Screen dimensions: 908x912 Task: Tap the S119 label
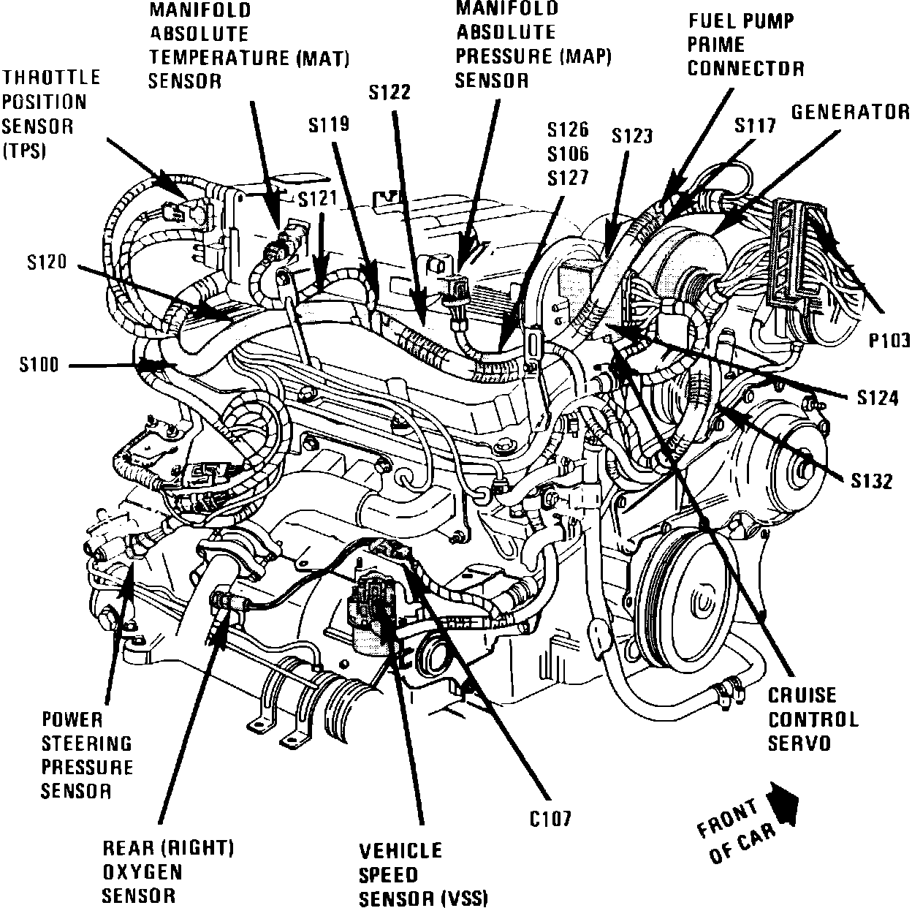(328, 125)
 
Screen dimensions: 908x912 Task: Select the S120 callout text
(47, 262)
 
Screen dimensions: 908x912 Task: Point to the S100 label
(39, 365)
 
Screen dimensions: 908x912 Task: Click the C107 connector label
(551, 817)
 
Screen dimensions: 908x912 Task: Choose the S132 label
(872, 482)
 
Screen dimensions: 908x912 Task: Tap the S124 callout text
(878, 398)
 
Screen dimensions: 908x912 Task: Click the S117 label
(755, 126)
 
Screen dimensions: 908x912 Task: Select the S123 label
(632, 135)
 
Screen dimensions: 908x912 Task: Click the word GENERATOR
(851, 112)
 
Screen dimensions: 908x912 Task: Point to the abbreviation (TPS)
(24, 151)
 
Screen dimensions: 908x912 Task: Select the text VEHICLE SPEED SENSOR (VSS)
(422, 874)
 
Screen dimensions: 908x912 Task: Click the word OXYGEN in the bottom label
(142, 872)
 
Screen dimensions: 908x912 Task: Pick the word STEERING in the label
(87, 744)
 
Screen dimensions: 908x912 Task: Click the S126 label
(568, 130)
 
